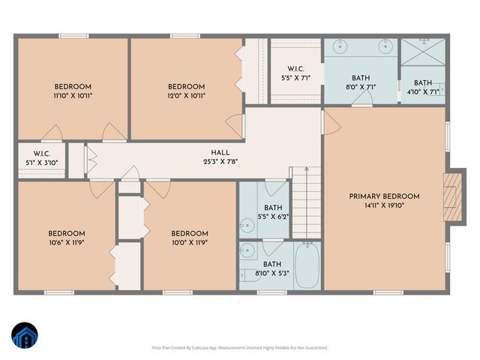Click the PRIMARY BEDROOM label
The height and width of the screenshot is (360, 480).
tap(384, 196)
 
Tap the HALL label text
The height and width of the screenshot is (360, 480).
tap(220, 152)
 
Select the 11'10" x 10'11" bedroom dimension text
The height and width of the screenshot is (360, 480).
tap(72, 95)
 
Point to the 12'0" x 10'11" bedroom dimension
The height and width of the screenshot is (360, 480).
tap(186, 95)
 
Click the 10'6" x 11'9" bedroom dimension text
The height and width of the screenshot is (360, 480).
tap(67, 242)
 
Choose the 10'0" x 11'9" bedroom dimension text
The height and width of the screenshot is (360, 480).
tap(189, 242)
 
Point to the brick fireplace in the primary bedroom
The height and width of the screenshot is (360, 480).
tap(450, 196)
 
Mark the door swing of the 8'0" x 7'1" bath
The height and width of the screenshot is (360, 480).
tap(362, 101)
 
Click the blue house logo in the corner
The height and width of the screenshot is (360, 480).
tap(25, 336)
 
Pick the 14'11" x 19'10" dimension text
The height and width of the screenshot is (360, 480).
tap(384, 206)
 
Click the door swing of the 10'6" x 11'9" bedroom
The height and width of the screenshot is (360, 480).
tap(100, 190)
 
